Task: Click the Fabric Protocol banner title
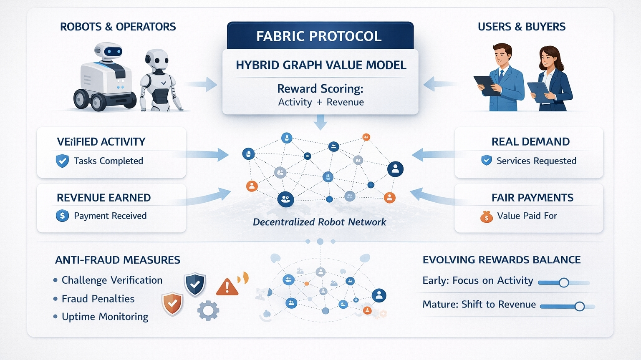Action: pos(319,36)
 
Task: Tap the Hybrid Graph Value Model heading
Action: pos(321,65)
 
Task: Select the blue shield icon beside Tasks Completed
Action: pos(62,161)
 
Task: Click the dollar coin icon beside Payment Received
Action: pos(62,216)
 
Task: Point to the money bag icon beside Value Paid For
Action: pos(486,217)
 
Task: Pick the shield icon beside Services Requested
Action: pos(486,160)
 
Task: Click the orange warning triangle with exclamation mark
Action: pos(227,287)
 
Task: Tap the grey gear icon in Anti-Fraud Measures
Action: pos(208,310)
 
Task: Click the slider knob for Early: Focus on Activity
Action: pos(564,283)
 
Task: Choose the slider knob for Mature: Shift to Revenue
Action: pos(579,307)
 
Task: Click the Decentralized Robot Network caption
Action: pos(319,222)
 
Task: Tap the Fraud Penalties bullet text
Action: pos(98,299)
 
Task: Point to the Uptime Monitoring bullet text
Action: pos(105,317)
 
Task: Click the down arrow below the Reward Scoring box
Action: pos(320,122)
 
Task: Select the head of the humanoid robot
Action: pos(157,60)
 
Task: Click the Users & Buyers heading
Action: pos(522,27)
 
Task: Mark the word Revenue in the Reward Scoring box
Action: pos(345,102)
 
